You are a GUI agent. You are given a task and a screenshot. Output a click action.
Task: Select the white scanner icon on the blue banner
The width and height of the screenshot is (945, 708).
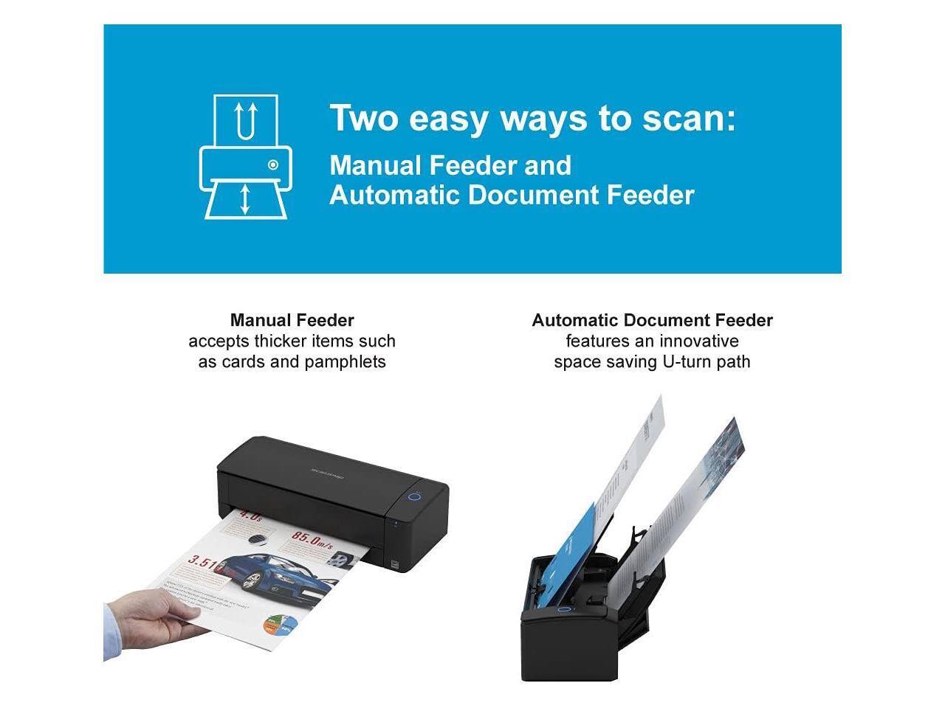click(246, 157)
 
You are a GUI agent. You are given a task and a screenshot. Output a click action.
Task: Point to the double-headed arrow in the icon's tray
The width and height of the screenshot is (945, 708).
click(246, 200)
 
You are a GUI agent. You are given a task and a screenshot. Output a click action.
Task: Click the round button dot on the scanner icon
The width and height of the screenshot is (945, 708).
click(273, 164)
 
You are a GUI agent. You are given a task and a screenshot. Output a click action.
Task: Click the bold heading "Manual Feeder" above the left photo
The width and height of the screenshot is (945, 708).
click(292, 320)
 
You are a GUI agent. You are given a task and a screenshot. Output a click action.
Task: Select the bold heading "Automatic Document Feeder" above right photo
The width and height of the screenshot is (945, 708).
click(652, 320)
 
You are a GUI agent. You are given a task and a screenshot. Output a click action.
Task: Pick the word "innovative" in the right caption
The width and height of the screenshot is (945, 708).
click(698, 341)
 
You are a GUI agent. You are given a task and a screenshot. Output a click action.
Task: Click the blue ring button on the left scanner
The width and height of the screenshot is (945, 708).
click(415, 496)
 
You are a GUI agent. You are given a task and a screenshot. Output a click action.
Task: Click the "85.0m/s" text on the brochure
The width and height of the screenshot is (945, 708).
click(311, 538)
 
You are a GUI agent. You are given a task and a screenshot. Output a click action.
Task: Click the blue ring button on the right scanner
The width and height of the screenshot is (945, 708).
click(564, 609)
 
